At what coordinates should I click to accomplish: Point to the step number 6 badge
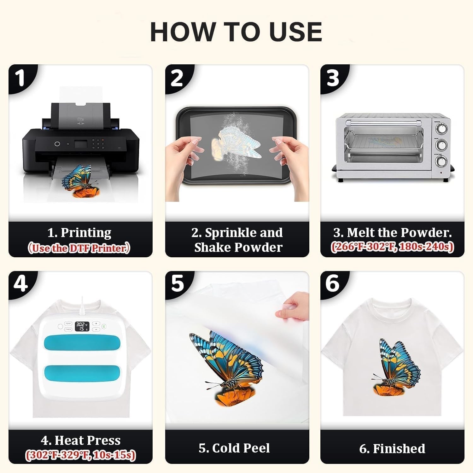(x=333, y=284)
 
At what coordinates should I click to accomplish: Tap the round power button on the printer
(x=57, y=144)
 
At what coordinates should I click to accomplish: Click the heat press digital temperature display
(x=82, y=326)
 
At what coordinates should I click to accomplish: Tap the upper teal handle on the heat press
(x=81, y=345)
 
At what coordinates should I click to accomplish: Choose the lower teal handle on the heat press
(x=81, y=374)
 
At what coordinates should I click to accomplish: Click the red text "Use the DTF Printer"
(x=79, y=248)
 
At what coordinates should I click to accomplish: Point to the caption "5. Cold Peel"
(x=234, y=448)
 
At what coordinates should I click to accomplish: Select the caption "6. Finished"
(x=392, y=448)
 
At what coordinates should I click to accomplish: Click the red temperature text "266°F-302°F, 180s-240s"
(x=392, y=247)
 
